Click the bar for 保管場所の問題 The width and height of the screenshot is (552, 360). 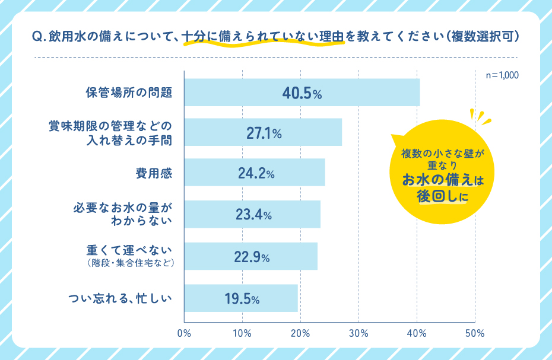[302, 93]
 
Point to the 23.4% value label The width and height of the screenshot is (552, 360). [253, 215]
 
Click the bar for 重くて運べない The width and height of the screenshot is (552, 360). [251, 256]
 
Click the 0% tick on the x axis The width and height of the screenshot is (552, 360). [184, 333]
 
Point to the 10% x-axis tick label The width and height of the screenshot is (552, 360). [242, 333]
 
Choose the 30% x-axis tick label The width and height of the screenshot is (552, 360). [359, 333]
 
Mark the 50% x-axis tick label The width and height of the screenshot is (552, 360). [475, 333]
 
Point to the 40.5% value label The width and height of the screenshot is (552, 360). [301, 93]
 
